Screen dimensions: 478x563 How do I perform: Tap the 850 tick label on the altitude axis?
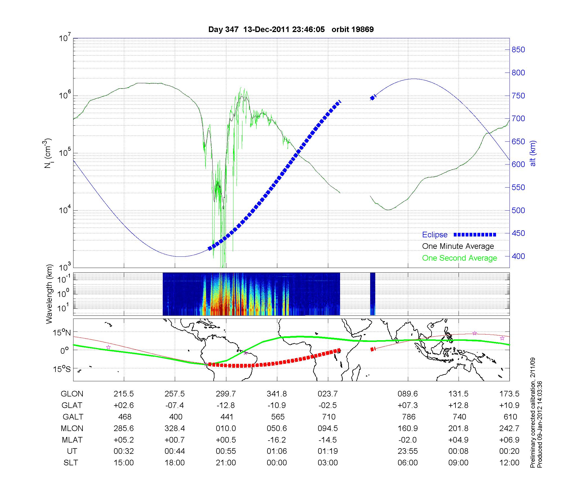[518, 50]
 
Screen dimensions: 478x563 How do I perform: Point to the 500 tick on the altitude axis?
[518, 210]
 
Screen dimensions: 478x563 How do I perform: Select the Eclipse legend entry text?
[435, 235]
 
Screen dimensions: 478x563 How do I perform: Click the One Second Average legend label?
[459, 258]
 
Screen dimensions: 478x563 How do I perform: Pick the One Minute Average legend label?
[458, 246]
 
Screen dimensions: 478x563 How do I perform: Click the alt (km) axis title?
[533, 153]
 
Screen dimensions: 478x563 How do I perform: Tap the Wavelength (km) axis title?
[50, 294]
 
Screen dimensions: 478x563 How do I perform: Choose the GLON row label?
[72, 394]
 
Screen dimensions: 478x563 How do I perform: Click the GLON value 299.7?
[226, 394]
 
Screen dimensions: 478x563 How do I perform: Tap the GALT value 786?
[408, 417]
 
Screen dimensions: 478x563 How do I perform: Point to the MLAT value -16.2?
[277, 440]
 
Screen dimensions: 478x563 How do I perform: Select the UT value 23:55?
[408, 451]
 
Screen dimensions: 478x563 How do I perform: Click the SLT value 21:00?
[226, 463]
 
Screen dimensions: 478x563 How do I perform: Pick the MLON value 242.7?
[509, 428]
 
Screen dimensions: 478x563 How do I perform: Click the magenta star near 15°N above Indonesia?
[475, 333]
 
